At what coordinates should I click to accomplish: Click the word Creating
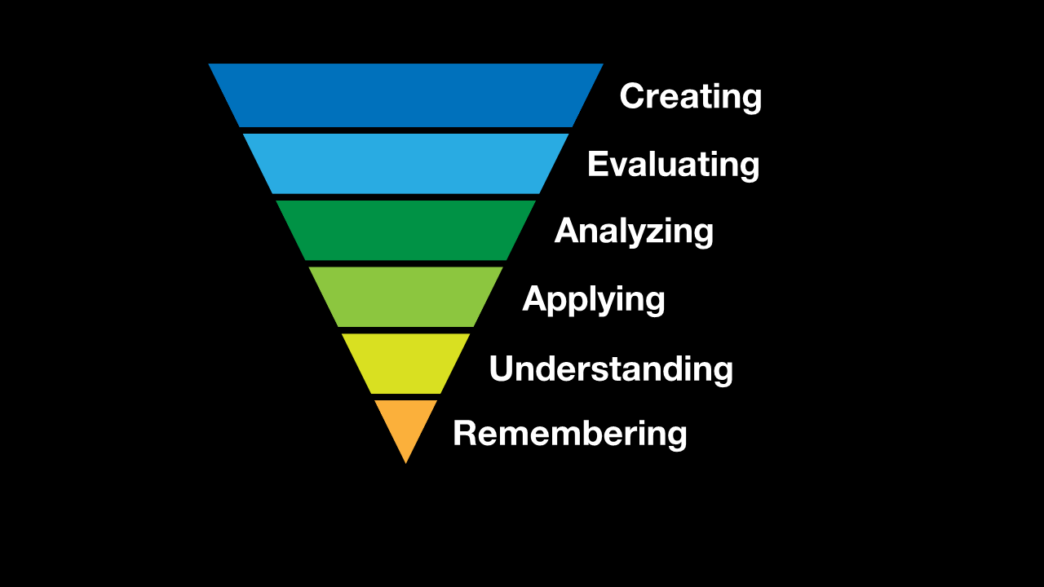pyautogui.click(x=690, y=96)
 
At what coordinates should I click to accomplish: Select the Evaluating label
pyautogui.click(x=673, y=165)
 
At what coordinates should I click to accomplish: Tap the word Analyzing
pyautogui.click(x=634, y=232)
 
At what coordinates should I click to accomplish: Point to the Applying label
pyautogui.click(x=593, y=299)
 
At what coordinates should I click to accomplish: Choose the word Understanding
pyautogui.click(x=610, y=369)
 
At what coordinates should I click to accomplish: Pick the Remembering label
pyautogui.click(x=569, y=433)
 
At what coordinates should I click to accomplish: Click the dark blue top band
pyautogui.click(x=405, y=95)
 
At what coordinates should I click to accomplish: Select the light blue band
pyautogui.click(x=405, y=164)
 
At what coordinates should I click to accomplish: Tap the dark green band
pyautogui.click(x=405, y=231)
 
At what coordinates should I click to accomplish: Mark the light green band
pyautogui.click(x=405, y=297)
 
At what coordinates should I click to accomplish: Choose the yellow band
pyautogui.click(x=405, y=363)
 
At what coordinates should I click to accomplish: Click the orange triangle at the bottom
pyautogui.click(x=405, y=422)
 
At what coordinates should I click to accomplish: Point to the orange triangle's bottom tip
pyautogui.click(x=405, y=462)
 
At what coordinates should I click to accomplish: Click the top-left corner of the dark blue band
pyautogui.click(x=210, y=65)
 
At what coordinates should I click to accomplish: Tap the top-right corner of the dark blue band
pyautogui.click(x=601, y=65)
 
